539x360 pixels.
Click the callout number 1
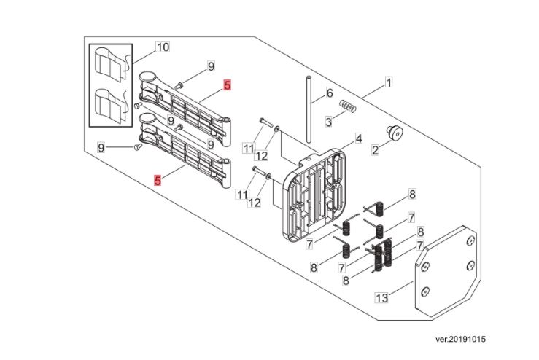[389, 83]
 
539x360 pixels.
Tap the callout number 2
[376, 151]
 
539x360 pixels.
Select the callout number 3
[329, 121]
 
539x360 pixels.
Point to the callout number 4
[358, 138]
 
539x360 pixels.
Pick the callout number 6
[329, 94]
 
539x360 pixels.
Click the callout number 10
[163, 47]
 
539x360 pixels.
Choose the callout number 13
[380, 297]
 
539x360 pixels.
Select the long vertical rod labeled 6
[310, 109]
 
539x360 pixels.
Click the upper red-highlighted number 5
[227, 85]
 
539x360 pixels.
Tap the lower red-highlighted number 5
[158, 179]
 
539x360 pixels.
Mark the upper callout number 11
[247, 149]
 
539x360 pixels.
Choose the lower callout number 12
[254, 203]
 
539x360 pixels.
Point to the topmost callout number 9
[210, 67]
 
